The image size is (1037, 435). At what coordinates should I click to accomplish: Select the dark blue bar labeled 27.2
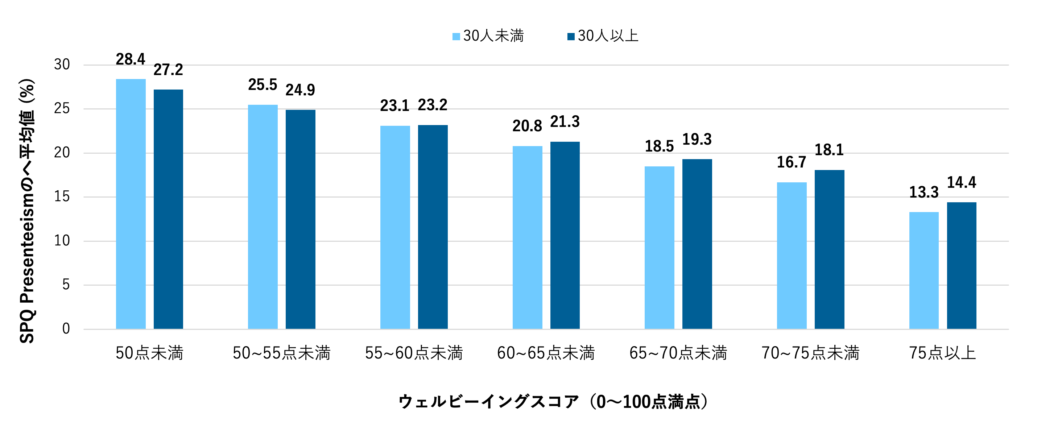(x=168, y=209)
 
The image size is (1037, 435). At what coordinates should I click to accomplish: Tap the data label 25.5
(x=263, y=85)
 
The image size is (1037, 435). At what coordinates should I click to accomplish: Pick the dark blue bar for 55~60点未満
(x=433, y=227)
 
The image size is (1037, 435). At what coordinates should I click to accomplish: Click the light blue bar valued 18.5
(x=660, y=248)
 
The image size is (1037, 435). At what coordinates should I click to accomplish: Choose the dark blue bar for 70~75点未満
(x=829, y=249)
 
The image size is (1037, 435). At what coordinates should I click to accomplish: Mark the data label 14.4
(x=961, y=183)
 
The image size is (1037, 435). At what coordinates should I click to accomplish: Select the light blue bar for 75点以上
(x=924, y=270)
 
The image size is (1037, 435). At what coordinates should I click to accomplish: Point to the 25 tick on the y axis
(x=62, y=109)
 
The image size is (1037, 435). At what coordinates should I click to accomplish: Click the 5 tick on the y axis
(x=66, y=285)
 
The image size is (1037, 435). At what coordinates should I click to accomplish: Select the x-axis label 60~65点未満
(x=546, y=353)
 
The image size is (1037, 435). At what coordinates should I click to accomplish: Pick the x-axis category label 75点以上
(x=942, y=353)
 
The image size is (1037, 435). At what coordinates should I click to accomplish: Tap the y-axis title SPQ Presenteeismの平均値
(x=27, y=211)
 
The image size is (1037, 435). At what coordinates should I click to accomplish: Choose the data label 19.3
(x=697, y=140)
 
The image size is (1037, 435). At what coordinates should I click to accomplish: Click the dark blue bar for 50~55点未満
(x=300, y=219)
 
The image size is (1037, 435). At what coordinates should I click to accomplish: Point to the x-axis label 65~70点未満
(x=678, y=353)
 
